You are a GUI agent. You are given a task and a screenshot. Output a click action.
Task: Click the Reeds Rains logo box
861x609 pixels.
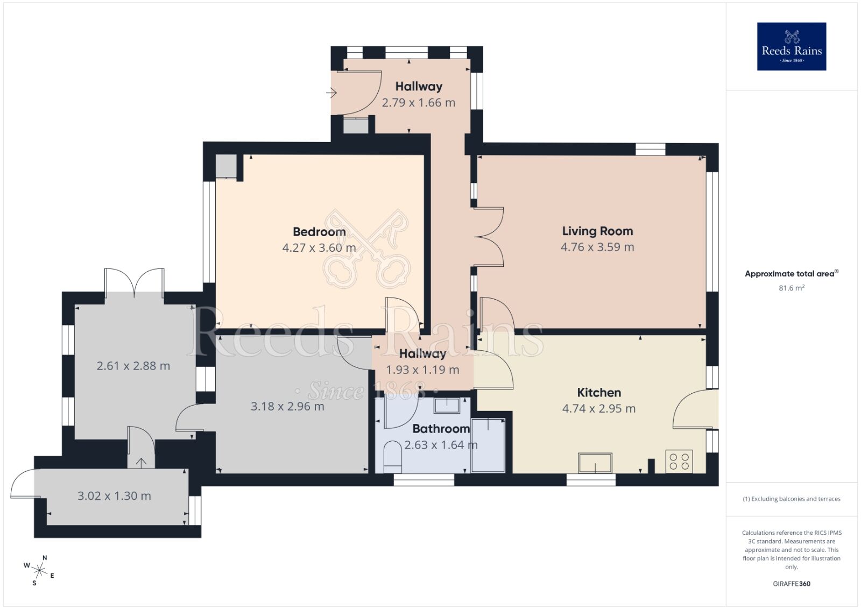tap(791, 46)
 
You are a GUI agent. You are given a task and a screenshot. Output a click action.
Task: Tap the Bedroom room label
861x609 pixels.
tap(319, 232)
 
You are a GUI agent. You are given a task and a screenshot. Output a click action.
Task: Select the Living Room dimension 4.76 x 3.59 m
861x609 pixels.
tap(597, 247)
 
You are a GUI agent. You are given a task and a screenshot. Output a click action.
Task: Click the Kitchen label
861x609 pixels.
tap(599, 393)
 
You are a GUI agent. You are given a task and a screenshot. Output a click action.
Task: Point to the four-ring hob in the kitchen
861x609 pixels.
tap(679, 461)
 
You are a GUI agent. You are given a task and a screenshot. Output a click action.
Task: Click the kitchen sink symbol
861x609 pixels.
tap(595, 463)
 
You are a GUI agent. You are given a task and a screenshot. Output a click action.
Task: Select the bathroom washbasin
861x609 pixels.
tap(447, 405)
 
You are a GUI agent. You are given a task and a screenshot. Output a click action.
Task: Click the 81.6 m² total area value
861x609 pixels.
tap(791, 288)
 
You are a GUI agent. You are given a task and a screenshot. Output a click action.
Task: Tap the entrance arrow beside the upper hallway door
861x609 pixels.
tap(331, 94)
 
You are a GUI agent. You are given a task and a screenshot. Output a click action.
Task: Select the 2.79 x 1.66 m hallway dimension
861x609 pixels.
tap(419, 103)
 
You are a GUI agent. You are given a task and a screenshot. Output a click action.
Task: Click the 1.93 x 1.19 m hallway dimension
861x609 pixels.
tap(422, 370)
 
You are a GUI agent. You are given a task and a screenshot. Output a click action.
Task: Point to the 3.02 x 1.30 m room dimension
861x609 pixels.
tap(114, 496)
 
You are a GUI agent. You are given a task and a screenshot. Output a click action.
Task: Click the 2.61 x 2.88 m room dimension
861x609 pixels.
tap(133, 366)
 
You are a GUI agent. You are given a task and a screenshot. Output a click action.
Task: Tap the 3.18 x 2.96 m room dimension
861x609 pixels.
tap(287, 407)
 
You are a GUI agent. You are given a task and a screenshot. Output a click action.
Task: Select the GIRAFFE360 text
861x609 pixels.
tap(791, 584)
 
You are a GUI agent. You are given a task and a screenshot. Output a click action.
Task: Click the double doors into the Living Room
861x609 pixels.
tap(489, 237)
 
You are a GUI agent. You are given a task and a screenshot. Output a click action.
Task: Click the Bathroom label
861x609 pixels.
tap(441, 429)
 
